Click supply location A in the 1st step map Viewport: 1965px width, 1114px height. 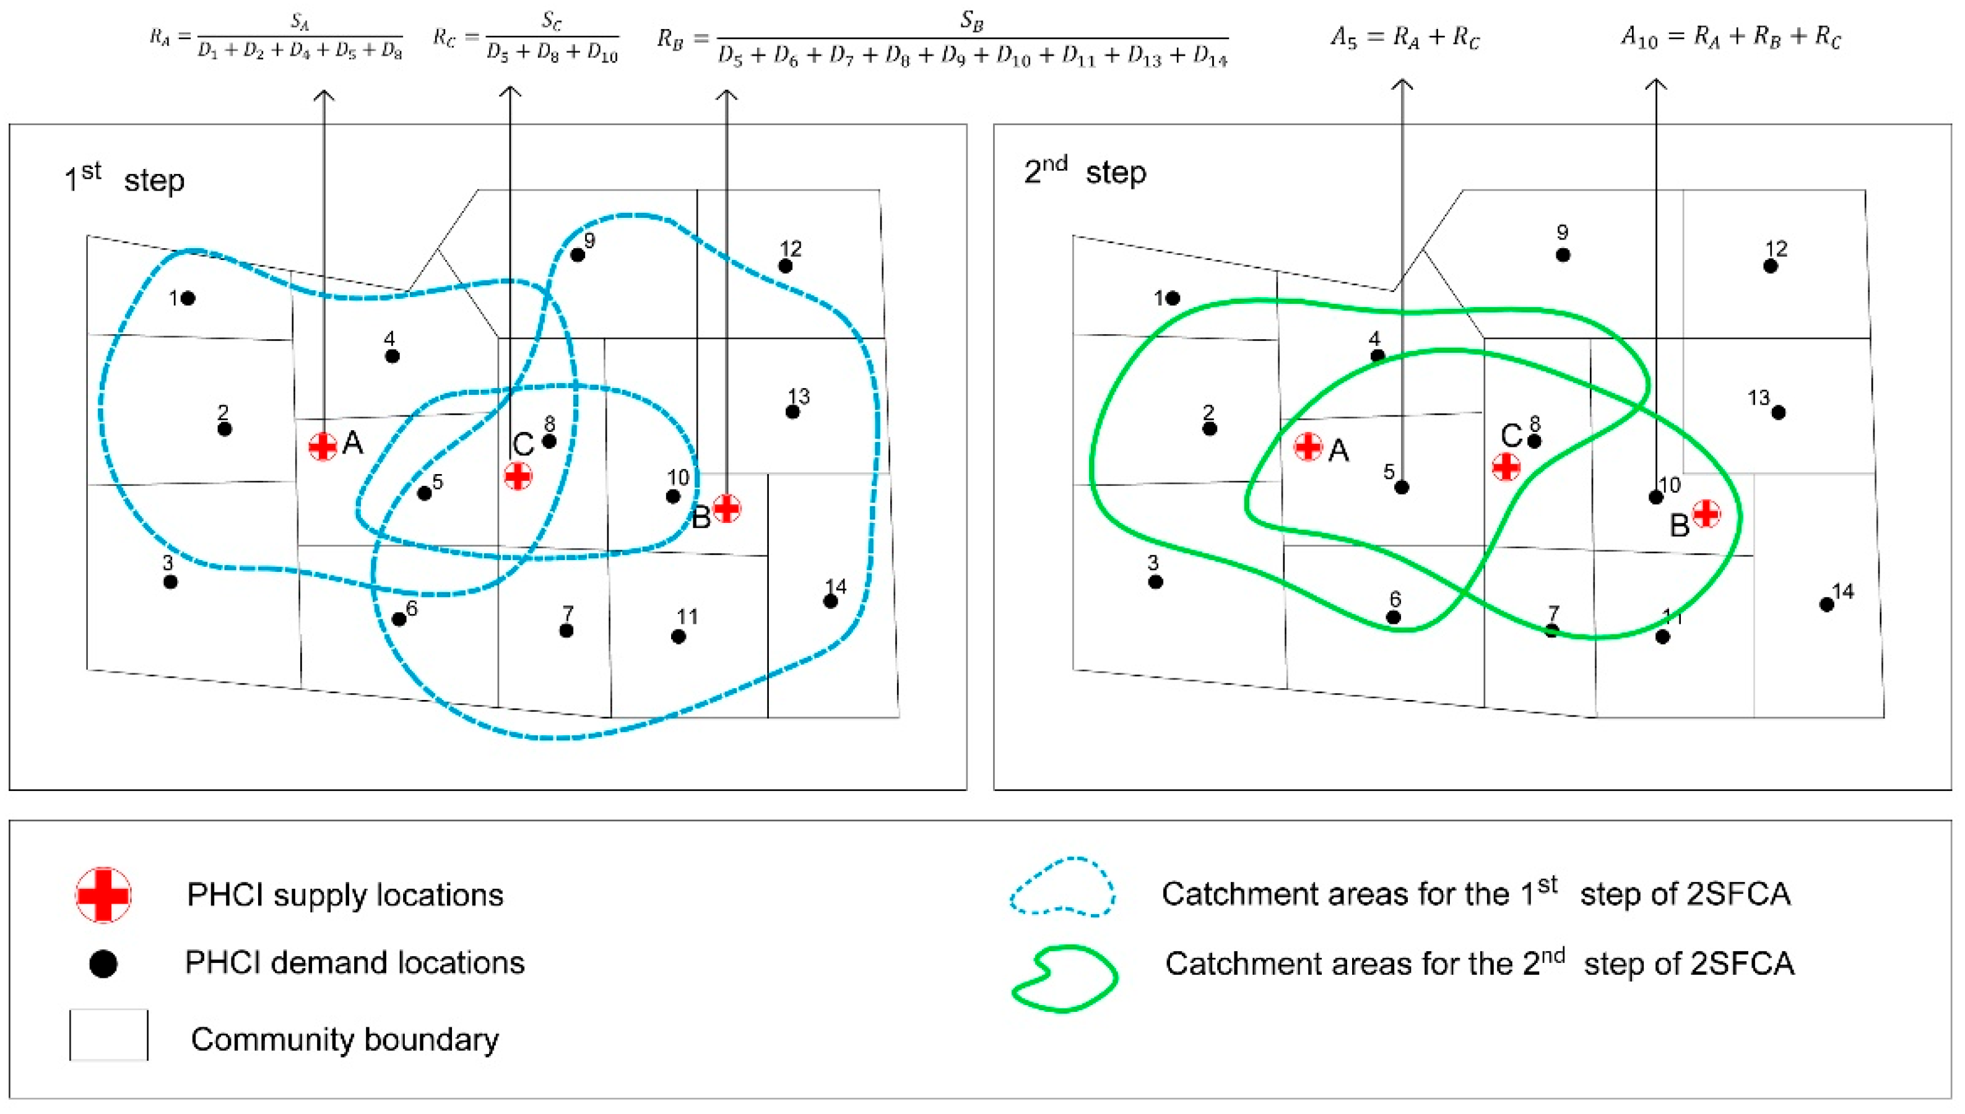point(322,446)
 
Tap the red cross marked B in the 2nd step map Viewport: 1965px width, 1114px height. point(1706,514)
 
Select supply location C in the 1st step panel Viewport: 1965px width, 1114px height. point(518,476)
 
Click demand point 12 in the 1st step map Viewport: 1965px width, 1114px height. point(785,266)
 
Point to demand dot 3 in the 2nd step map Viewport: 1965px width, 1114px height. point(1155,582)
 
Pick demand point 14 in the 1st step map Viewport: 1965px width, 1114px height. point(830,602)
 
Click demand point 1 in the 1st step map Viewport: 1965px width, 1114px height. point(188,298)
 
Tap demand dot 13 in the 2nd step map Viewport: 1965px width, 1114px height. point(1778,412)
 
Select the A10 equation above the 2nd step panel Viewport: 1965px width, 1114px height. point(1731,37)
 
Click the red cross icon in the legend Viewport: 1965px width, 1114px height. point(103,894)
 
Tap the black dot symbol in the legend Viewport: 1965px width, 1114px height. point(103,963)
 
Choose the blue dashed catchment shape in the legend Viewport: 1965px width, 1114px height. point(1062,887)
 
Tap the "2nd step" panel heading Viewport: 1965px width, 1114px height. point(1085,172)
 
